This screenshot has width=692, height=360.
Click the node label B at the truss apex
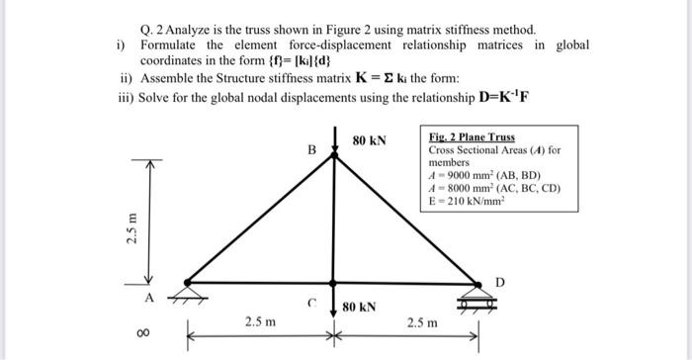311,151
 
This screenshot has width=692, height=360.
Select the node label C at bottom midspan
312,304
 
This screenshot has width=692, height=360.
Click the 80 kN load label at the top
370,141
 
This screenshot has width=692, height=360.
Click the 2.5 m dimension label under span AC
260,321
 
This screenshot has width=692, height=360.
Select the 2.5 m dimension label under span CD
423,321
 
